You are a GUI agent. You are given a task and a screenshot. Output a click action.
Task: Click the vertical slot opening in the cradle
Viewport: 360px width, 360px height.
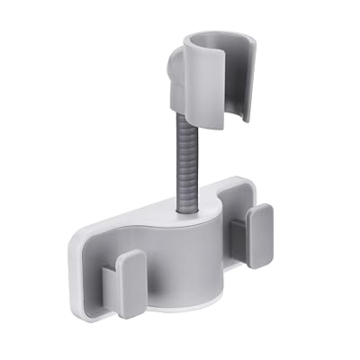click(x=236, y=90)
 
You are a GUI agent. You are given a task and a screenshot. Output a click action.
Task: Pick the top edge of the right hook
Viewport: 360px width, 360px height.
click(x=259, y=209)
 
